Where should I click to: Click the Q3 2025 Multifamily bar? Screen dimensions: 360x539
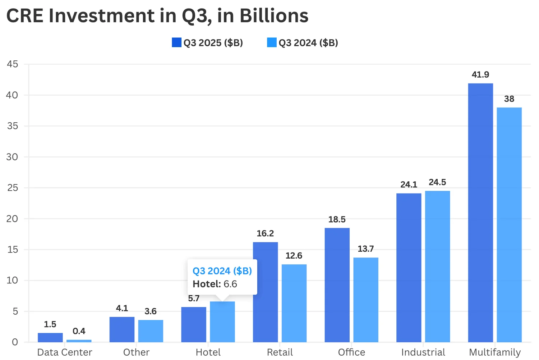(480, 212)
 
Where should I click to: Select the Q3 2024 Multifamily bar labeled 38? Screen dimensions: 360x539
(509, 225)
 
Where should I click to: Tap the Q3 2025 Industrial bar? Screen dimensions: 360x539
(409, 268)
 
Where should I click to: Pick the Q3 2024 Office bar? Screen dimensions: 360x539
(366, 300)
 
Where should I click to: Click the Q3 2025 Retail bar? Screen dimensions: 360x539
(265, 292)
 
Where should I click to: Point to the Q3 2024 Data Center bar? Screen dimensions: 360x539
(79, 341)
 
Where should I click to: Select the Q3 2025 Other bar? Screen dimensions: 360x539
(122, 329)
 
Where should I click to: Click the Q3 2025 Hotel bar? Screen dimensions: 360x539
(194, 324)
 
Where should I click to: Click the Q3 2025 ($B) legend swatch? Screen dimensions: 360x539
(176, 42)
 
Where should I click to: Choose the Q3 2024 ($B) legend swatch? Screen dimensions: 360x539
(272, 42)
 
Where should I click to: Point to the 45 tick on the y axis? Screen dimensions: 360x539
(13, 64)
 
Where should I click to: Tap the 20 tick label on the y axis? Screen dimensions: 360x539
(13, 219)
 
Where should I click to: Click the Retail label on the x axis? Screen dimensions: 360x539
(280, 352)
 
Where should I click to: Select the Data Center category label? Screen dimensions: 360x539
(65, 352)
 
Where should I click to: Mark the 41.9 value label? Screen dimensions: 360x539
(480, 75)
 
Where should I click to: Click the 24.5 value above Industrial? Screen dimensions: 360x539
(437, 182)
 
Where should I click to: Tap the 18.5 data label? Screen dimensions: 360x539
(337, 219)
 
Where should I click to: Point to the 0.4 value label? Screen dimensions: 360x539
(79, 331)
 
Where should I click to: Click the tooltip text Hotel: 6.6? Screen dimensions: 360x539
(215, 284)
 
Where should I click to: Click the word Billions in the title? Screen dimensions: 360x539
(274, 16)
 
